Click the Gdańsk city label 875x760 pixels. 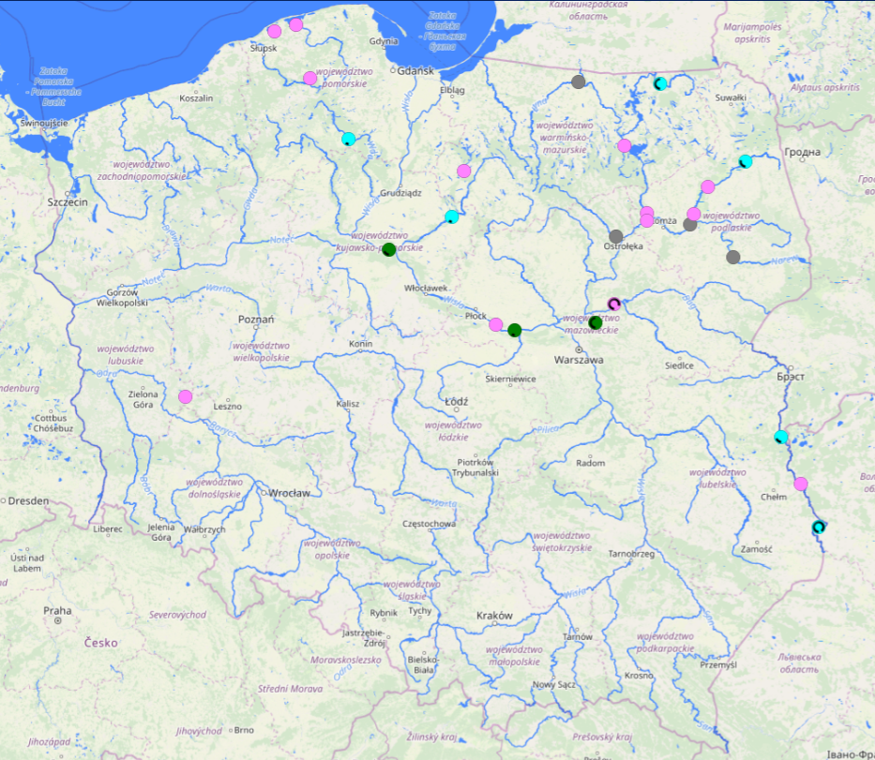[415, 71]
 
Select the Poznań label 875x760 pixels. [255, 320]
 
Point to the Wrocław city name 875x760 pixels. [289, 493]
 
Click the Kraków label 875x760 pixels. [495, 616]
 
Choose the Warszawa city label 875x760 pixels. [579, 360]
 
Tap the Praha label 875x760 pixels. [57, 610]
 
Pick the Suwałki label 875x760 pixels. [730, 97]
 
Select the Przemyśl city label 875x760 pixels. [719, 664]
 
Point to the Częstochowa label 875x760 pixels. [429, 524]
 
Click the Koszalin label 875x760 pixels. [196, 98]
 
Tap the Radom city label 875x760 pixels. [590, 463]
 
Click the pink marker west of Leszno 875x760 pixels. [186, 396]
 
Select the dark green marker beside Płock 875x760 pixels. [514, 329]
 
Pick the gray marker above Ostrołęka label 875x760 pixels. [616, 236]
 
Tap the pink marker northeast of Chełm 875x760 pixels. [801, 484]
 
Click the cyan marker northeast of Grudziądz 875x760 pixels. [452, 216]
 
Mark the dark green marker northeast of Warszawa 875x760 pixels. [596, 322]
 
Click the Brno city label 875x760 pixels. [244, 730]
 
